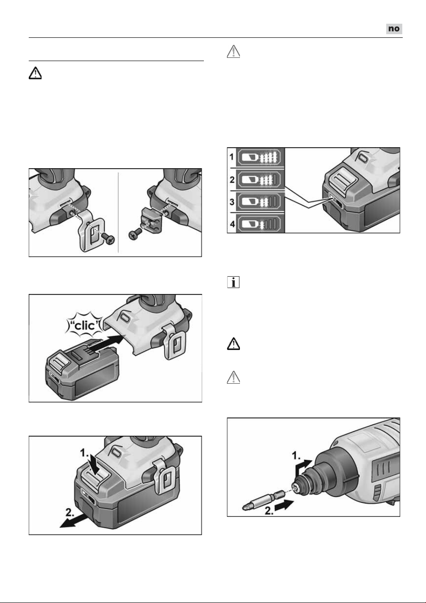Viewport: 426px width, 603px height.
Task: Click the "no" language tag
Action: click(394, 29)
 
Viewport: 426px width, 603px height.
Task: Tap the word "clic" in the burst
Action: click(84, 326)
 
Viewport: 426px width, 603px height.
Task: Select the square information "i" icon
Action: click(234, 282)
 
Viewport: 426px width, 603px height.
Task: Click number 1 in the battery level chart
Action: click(232, 156)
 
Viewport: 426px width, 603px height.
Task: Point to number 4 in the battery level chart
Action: click(232, 224)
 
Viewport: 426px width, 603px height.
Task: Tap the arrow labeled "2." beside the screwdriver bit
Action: click(284, 505)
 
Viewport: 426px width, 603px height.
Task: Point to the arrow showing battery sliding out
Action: click(73, 521)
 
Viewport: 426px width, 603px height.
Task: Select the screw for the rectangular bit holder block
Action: click(135, 234)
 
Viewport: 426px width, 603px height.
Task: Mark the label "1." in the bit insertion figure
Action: click(296, 456)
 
